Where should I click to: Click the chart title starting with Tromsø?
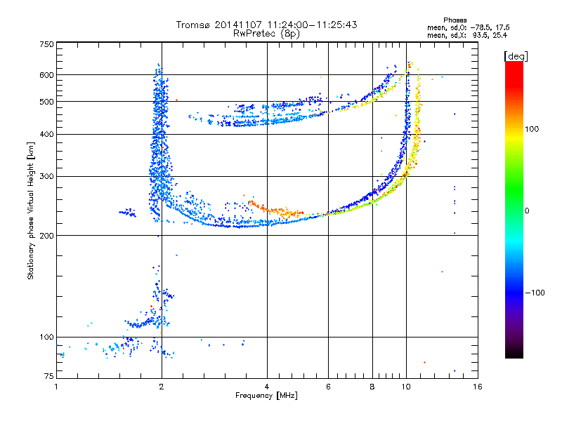(266, 25)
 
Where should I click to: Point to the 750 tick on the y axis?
(46, 44)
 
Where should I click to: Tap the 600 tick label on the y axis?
(46, 74)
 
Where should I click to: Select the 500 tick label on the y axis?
(46, 101)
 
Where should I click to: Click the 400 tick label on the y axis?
(46, 134)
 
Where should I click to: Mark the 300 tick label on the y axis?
(46, 176)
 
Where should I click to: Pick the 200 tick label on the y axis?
(46, 235)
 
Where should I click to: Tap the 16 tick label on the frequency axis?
(477, 387)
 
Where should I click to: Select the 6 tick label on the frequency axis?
(329, 387)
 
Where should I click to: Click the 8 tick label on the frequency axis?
(372, 387)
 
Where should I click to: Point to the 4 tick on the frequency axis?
(267, 387)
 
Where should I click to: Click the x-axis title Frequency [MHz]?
(266, 396)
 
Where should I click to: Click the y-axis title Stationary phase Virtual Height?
(31, 210)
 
